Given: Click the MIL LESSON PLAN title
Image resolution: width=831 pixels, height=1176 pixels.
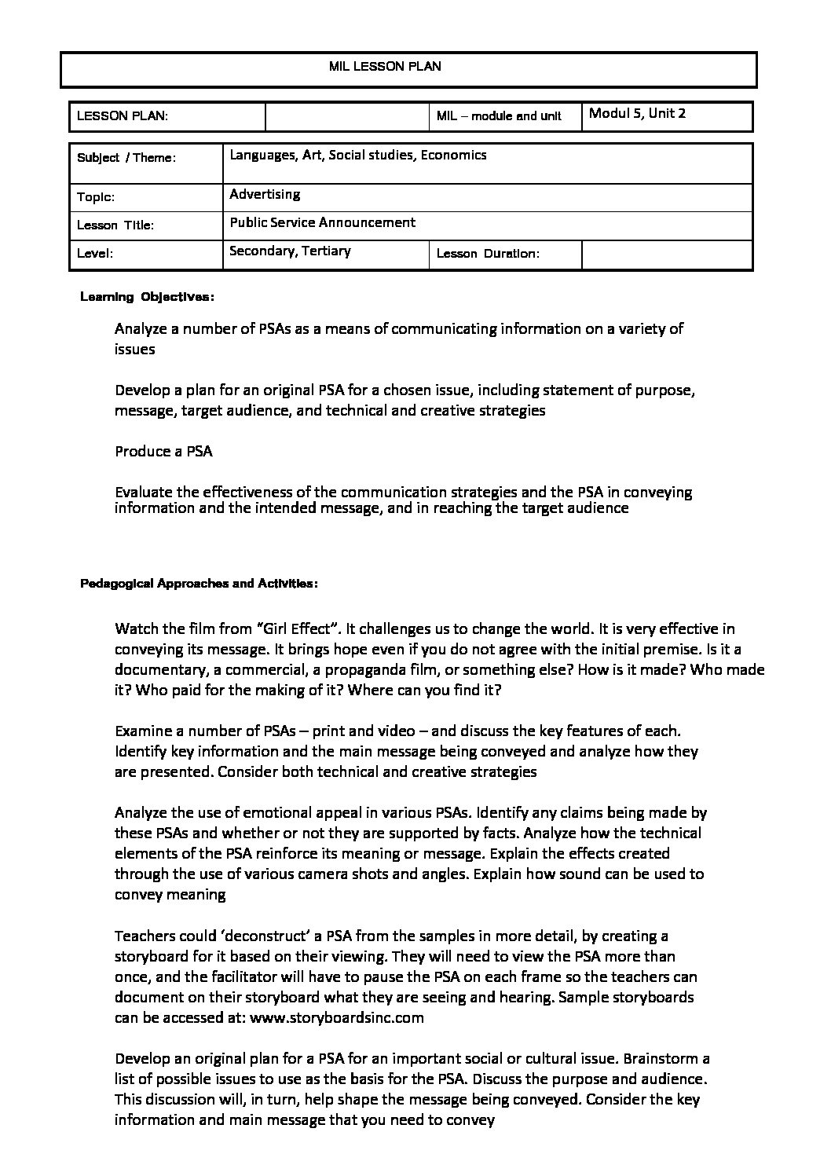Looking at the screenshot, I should coord(385,67).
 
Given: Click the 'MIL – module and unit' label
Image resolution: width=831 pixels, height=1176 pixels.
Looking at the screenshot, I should coord(499,116).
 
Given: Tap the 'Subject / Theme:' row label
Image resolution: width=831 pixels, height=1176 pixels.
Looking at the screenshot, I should coord(126,158).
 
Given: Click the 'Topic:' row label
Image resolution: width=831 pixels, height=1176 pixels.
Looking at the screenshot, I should coord(96,198).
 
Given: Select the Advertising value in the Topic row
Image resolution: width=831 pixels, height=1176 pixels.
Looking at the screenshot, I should coord(265,194).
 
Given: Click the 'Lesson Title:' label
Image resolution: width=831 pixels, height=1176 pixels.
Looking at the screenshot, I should coord(115,225).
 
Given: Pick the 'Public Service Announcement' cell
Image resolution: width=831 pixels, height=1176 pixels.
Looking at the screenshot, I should coord(322,222).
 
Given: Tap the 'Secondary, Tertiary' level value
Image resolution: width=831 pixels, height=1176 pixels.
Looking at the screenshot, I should coord(290,251).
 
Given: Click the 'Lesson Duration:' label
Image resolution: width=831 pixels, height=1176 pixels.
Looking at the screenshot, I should coord(487,254).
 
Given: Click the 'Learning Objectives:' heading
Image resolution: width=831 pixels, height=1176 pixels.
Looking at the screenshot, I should coord(147,298).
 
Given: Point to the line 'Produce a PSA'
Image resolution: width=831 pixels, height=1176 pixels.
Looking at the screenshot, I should coord(163,452).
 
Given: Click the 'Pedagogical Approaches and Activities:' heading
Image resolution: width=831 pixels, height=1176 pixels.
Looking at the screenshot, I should coord(199,584).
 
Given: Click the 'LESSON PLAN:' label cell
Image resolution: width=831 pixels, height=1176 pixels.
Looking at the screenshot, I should coord(123,116).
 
